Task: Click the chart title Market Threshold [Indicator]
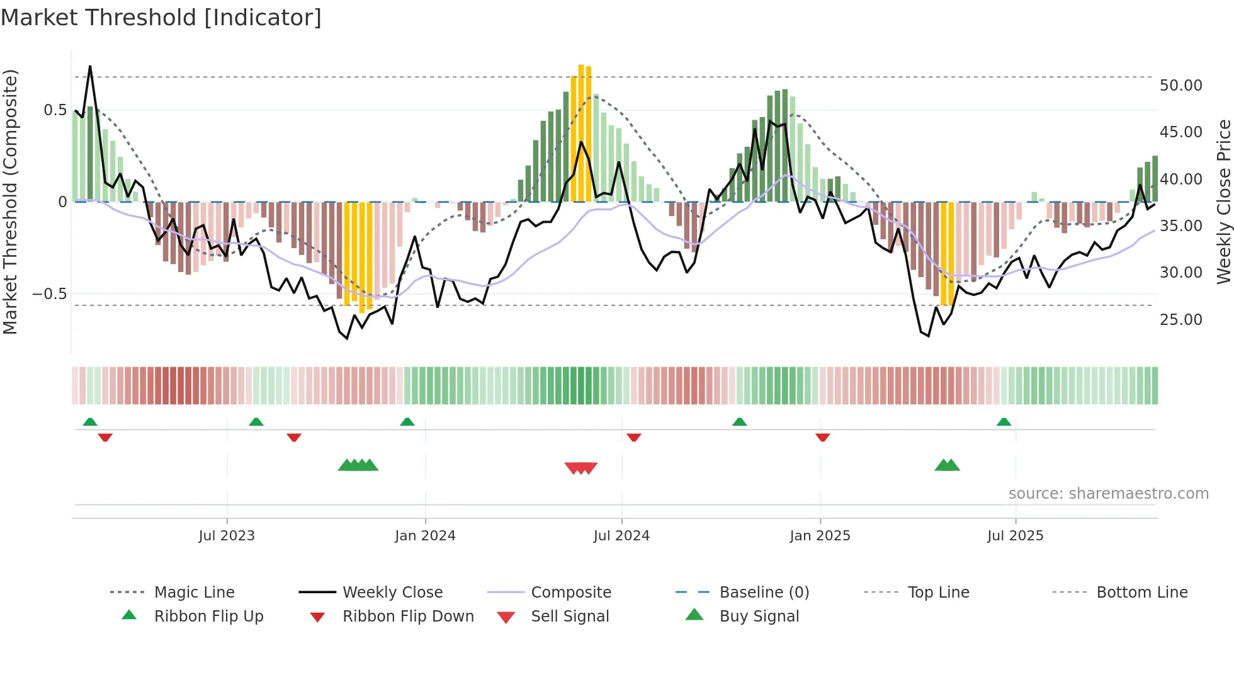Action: point(161,18)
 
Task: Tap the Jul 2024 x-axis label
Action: point(621,536)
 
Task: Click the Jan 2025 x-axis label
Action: point(820,536)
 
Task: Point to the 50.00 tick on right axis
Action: point(1180,86)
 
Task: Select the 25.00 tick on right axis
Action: point(1180,320)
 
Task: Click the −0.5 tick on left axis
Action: point(49,294)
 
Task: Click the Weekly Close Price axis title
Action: point(1223,202)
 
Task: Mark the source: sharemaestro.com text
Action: point(1108,494)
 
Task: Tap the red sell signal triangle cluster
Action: point(580,468)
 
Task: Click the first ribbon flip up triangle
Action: point(90,422)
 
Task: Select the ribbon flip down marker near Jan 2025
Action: point(822,437)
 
